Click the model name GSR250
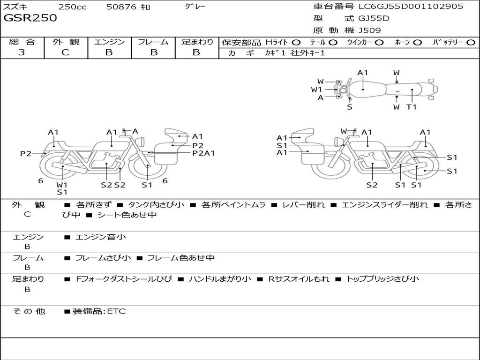pos(30,18)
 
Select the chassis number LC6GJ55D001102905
pos(411,6)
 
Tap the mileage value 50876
pos(121,7)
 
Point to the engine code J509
pos(369,30)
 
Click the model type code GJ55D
pos(374,18)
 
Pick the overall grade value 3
pos(22,52)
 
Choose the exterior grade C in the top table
pos(65,52)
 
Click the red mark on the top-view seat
pos(397,91)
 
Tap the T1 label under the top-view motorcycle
pos(412,107)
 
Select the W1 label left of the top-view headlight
pos(316,90)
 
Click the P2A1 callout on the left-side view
pos(203,153)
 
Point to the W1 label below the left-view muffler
pos(62,185)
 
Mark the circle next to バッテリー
pos(471,43)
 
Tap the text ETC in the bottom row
pos(116,311)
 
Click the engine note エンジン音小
pos(101,237)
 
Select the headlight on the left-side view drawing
pos(141,142)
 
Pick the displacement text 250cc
pos(73,7)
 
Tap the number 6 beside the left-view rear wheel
pos(41,181)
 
